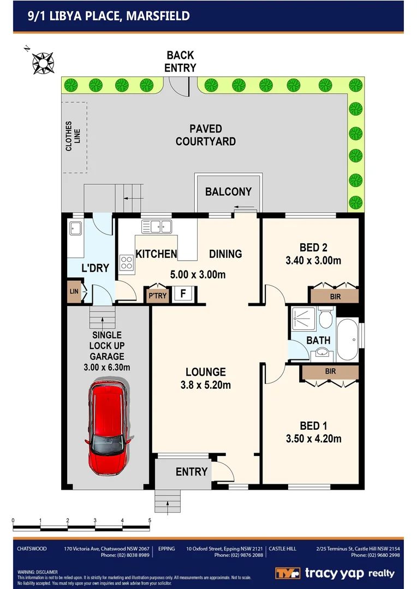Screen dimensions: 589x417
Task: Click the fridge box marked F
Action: click(183, 293)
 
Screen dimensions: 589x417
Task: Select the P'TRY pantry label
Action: click(158, 295)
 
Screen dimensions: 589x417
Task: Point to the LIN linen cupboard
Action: click(73, 291)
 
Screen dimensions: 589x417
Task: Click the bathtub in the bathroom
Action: click(348, 339)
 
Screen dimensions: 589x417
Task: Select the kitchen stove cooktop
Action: click(127, 262)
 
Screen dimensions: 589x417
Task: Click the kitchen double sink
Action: click(157, 226)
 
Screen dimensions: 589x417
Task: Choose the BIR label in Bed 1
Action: click(330, 371)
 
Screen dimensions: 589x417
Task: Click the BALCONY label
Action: click(228, 191)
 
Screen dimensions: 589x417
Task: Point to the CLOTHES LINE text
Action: click(73, 136)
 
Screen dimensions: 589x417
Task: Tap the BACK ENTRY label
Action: click(180, 61)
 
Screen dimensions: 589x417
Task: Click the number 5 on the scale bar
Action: click(150, 520)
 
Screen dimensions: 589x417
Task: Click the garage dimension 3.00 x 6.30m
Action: click(107, 367)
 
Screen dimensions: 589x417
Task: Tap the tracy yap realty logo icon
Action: click(287, 573)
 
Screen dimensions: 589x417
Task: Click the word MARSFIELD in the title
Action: click(158, 16)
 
